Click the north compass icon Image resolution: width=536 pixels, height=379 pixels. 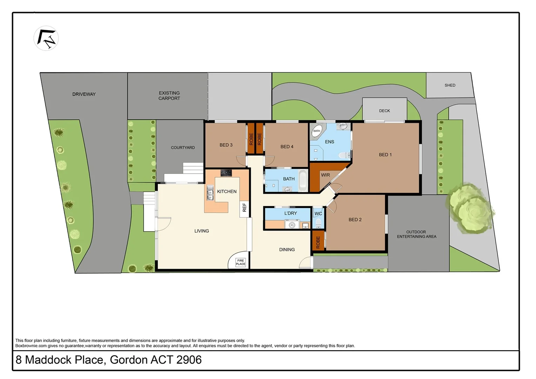[x=46, y=38]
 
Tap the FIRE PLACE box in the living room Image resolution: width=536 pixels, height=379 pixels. [x=240, y=262]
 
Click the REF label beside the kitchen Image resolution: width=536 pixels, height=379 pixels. [x=244, y=207]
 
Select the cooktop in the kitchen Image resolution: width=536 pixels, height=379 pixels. [x=226, y=173]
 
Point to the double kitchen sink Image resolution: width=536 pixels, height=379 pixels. [x=210, y=193]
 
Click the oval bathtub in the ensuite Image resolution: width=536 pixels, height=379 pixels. [x=317, y=131]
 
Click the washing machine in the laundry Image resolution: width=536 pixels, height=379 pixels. [x=292, y=224]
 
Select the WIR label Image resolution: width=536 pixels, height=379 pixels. [x=325, y=175]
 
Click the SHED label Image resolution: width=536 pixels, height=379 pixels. [x=450, y=85]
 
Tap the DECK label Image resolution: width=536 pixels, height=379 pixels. [x=384, y=111]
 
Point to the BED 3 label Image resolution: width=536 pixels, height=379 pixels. [x=226, y=145]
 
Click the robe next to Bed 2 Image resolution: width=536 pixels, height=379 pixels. [x=318, y=242]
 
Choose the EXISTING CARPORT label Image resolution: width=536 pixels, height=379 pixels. [x=169, y=95]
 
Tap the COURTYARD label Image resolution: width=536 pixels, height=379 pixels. [x=183, y=147]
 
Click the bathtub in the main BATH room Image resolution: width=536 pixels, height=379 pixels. [x=302, y=181]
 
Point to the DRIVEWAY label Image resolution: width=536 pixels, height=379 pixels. [x=84, y=94]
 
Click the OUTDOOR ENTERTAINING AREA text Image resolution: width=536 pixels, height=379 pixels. [x=416, y=234]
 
